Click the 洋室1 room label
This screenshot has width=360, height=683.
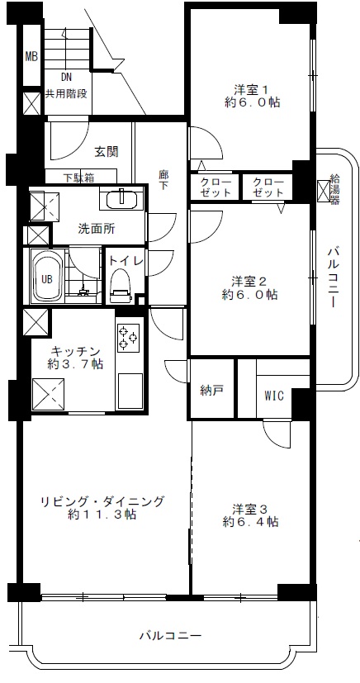(x=249, y=91)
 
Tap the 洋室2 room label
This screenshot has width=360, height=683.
(x=249, y=279)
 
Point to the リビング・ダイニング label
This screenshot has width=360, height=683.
(x=103, y=500)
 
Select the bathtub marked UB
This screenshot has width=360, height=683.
(x=48, y=277)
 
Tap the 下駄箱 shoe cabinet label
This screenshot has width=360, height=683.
(x=79, y=177)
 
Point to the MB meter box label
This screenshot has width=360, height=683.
(x=31, y=57)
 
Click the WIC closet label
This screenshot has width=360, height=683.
(x=274, y=395)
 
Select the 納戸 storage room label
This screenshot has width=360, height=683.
(x=212, y=391)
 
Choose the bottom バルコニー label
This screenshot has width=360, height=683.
(x=170, y=635)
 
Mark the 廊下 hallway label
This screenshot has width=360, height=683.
(x=163, y=181)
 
